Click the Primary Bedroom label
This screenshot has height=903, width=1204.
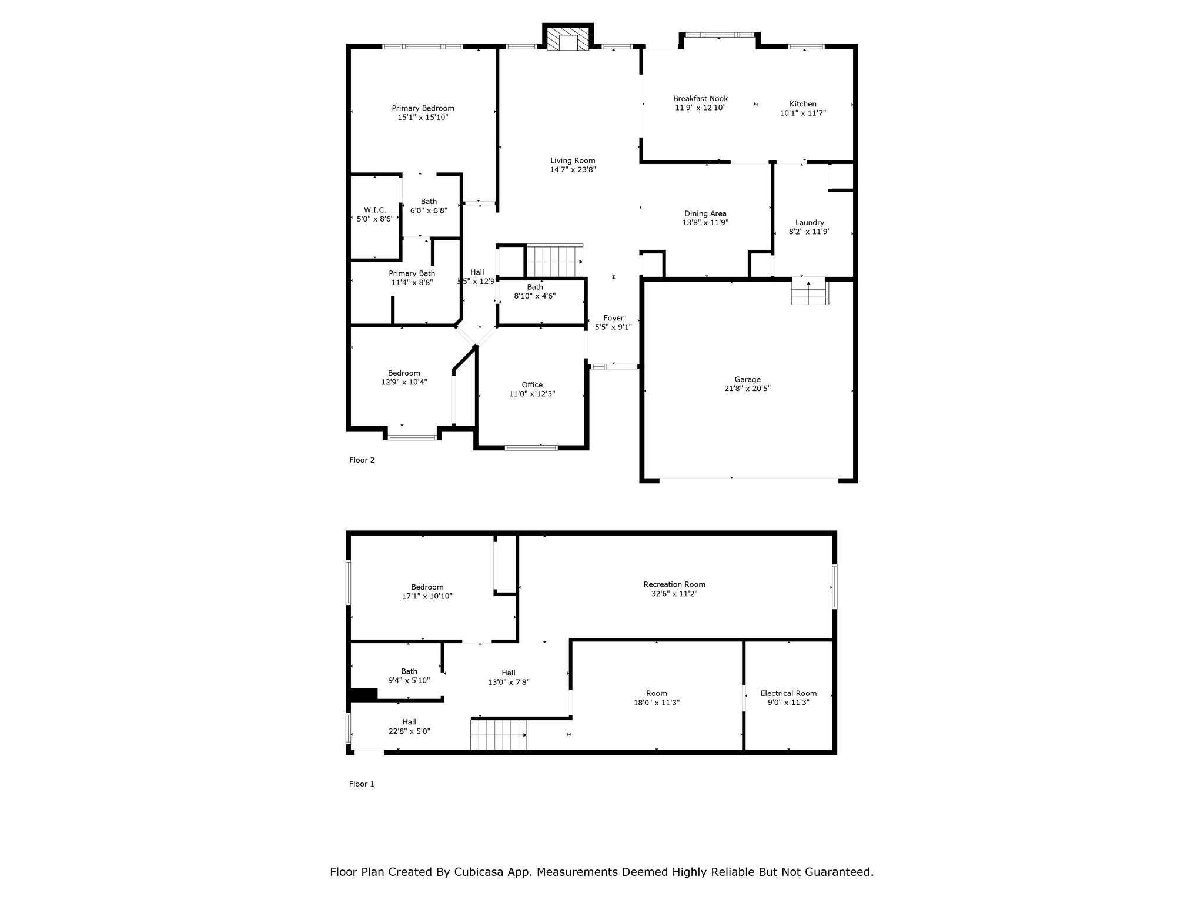[x=423, y=108]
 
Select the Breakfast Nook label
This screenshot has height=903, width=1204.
[x=700, y=99]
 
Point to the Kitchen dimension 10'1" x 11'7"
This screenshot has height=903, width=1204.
[x=802, y=113]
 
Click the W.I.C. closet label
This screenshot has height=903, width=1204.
[x=374, y=210]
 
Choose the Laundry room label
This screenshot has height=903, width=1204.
[x=810, y=223]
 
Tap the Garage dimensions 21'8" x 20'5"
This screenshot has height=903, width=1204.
[x=747, y=389]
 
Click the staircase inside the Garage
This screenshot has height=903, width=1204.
[x=809, y=292]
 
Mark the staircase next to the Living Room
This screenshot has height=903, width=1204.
[x=554, y=260]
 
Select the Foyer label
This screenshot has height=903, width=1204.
[x=613, y=318]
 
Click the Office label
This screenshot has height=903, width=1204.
[x=532, y=385]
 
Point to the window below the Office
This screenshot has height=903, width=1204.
[x=531, y=448]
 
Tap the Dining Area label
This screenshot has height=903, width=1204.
[x=705, y=214]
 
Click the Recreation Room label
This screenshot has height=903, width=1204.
[x=674, y=584]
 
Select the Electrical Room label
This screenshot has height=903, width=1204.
[x=788, y=693]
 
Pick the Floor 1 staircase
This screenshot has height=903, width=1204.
[x=499, y=735]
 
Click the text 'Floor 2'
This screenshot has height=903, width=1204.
[x=362, y=460]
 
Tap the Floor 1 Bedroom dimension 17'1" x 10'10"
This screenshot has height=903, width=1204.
[x=427, y=596]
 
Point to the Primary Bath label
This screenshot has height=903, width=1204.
[x=412, y=273]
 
